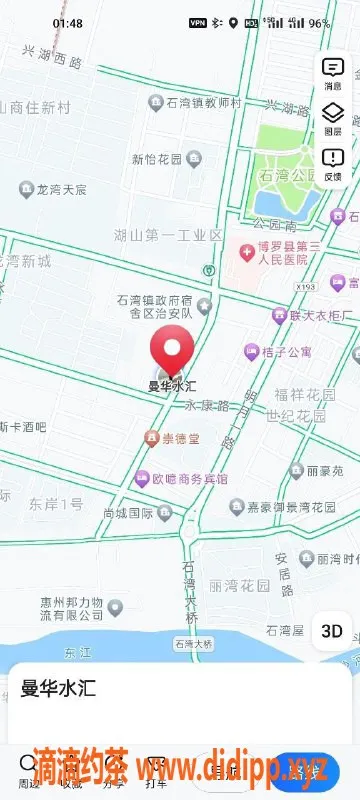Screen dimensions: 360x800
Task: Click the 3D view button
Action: point(332,631)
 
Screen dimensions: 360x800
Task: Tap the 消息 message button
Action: point(333,73)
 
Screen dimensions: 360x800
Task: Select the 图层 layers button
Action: point(333,118)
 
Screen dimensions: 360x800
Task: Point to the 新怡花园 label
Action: point(158,158)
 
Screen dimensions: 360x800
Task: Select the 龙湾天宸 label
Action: point(61,188)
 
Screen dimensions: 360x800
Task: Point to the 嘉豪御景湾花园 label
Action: point(291,506)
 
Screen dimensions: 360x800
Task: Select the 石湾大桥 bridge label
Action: point(192,644)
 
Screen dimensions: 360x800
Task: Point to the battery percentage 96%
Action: point(319,22)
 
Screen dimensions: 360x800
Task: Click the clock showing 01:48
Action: point(68,22)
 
